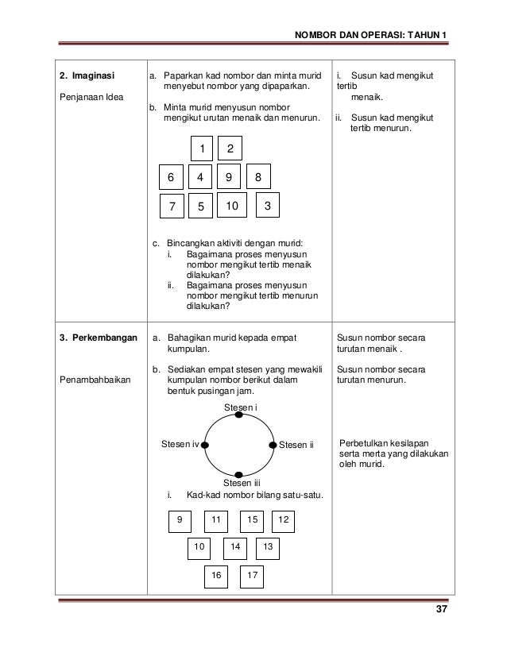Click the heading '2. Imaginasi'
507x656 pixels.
coord(87,77)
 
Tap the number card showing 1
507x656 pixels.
coord(202,149)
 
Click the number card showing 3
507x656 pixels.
coord(268,206)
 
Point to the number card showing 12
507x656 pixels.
coord(284,519)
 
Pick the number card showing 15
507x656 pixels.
coord(252,519)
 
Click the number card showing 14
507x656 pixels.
coord(234,547)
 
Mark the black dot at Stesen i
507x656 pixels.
coord(239,415)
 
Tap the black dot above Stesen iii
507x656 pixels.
coord(239,473)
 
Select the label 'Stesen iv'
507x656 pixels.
coord(180,444)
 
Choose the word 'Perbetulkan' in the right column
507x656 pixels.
coord(364,443)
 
